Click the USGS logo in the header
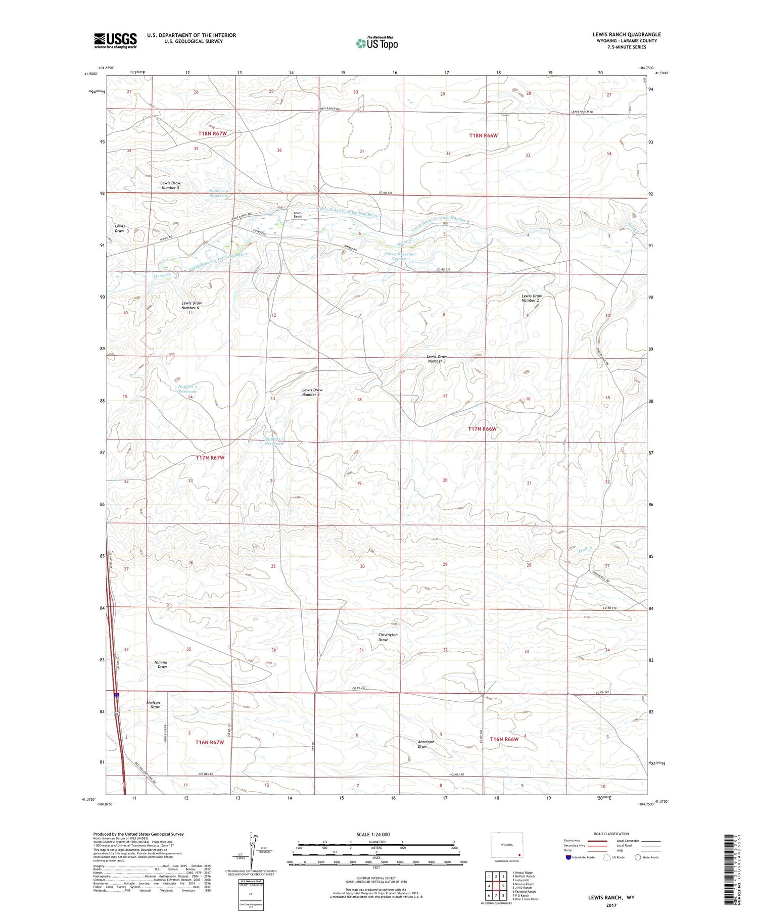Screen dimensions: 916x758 click(115, 40)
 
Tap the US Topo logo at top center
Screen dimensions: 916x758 click(376, 43)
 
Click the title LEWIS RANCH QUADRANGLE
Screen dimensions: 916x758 click(626, 34)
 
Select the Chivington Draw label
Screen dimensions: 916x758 click(388, 637)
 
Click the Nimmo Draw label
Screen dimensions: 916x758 click(162, 664)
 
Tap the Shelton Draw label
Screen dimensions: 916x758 click(153, 704)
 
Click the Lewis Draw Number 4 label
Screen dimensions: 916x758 click(312, 392)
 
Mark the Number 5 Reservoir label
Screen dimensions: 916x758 click(187, 389)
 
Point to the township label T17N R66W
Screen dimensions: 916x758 click(482, 429)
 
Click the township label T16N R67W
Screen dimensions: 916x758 click(209, 742)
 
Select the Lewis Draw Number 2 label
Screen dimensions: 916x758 click(531, 298)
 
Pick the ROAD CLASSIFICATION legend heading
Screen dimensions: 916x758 click(611, 834)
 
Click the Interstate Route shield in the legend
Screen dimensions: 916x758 click(568, 857)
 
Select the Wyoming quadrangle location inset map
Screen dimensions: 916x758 click(507, 846)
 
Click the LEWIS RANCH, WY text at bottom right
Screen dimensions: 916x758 click(611, 897)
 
